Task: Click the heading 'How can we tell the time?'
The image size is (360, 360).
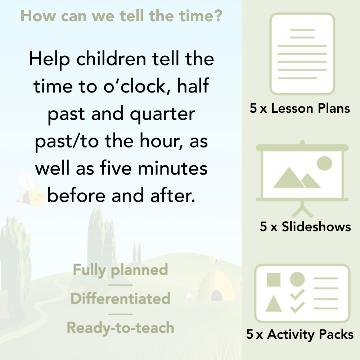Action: (x=121, y=16)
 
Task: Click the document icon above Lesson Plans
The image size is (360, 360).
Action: (x=302, y=54)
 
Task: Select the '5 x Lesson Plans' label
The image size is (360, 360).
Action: (x=300, y=108)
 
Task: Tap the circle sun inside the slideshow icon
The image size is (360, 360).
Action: (x=324, y=163)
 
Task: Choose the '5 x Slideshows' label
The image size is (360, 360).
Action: (x=305, y=227)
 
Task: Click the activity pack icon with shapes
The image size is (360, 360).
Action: (x=302, y=293)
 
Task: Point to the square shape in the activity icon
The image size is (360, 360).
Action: (x=274, y=279)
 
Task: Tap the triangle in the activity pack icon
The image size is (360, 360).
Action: (x=274, y=304)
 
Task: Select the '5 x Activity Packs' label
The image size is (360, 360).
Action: (x=300, y=335)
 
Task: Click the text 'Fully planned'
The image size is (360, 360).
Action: (x=121, y=270)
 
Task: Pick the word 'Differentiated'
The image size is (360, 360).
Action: (x=120, y=299)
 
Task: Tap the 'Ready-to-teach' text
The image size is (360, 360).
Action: (x=120, y=328)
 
